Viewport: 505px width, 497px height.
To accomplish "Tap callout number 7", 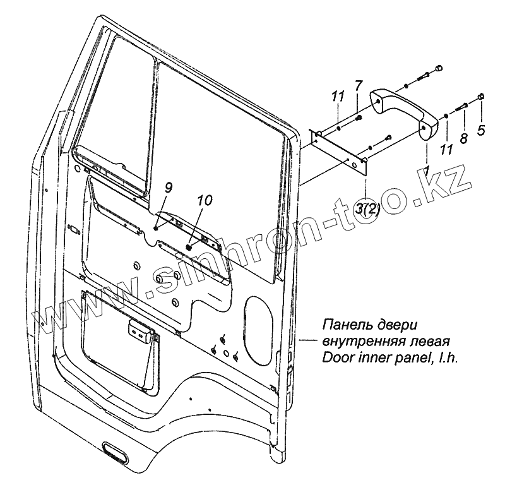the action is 358,85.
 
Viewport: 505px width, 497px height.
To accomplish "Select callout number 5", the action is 482,131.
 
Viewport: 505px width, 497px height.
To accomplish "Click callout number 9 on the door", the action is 168,187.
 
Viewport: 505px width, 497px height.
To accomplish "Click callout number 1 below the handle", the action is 427,171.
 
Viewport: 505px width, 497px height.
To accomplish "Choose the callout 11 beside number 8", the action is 447,149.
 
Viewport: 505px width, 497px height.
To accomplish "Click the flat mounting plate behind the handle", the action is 341,148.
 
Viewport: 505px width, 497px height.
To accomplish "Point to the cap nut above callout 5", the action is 481,96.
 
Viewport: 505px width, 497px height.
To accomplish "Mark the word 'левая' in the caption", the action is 430,342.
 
